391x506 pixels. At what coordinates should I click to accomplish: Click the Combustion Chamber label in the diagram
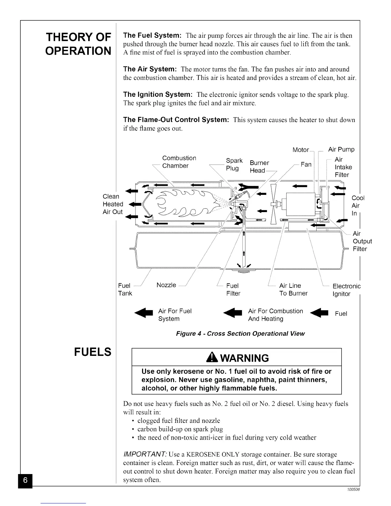[179, 162]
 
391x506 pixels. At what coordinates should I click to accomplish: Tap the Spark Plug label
[234, 165]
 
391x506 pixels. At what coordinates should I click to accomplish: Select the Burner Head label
[259, 167]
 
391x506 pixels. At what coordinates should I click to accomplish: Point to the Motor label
[301, 150]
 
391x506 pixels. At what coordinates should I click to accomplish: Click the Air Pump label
[341, 149]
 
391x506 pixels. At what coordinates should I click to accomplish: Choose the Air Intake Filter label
[343, 167]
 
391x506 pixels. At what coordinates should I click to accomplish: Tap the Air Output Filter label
[362, 241]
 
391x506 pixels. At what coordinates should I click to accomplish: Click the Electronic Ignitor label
[346, 290]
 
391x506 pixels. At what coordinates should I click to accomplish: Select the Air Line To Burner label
[293, 289]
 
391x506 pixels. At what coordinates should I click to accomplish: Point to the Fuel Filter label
[233, 289]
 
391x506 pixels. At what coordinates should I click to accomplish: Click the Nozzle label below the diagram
[166, 285]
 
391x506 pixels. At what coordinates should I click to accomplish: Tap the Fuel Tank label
[125, 289]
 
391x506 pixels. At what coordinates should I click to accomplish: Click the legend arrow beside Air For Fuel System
[145, 314]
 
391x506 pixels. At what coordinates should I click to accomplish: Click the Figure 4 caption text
[240, 334]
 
